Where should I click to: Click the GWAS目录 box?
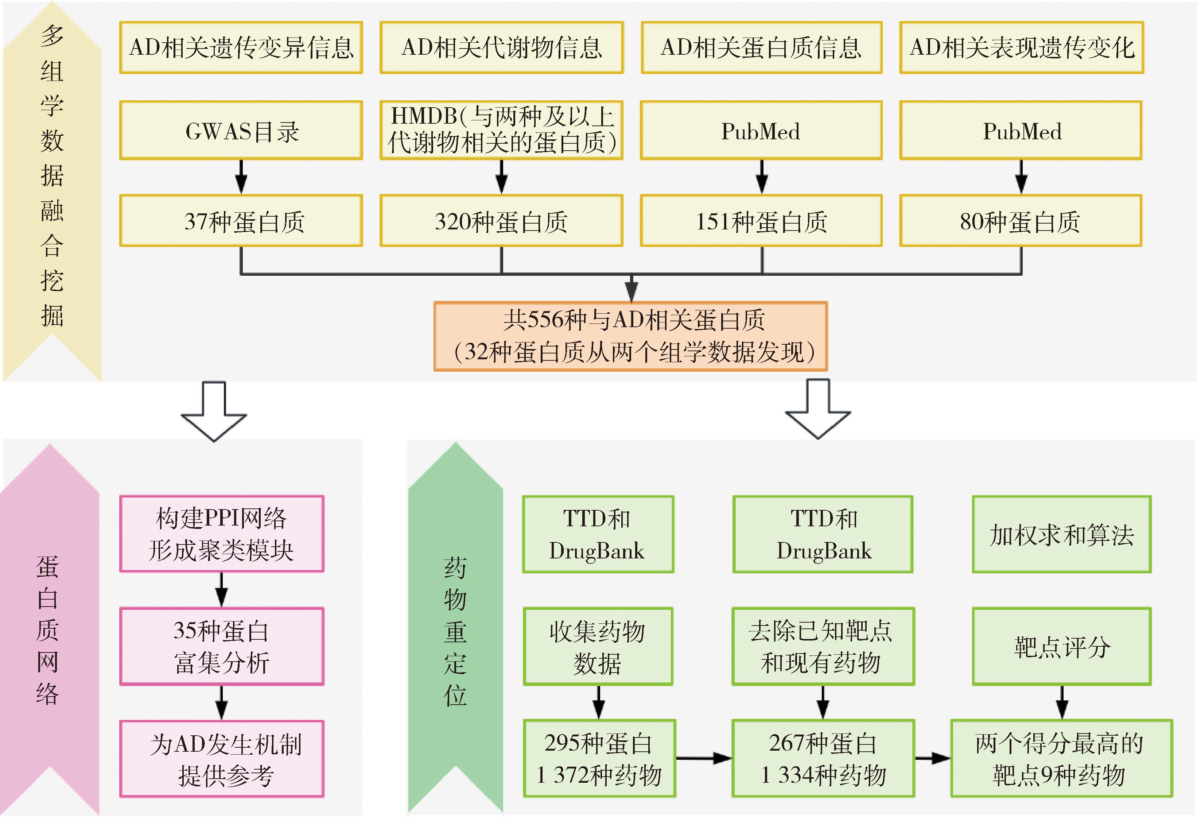pyautogui.click(x=241, y=131)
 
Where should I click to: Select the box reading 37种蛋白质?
pyautogui.click(x=241, y=221)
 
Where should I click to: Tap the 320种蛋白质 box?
pyautogui.click(x=501, y=221)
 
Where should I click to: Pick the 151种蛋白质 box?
pyautogui.click(x=761, y=221)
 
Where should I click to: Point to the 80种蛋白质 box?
pyautogui.click(x=1020, y=221)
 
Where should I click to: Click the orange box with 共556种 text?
pyautogui.click(x=630, y=336)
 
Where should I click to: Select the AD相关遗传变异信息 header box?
pyautogui.click(x=241, y=47)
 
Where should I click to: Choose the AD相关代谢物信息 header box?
pyautogui.click(x=502, y=47)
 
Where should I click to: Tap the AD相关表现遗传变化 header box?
pyautogui.click(x=1021, y=47)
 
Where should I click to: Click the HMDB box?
pyautogui.click(x=501, y=130)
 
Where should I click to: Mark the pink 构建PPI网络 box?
pyautogui.click(x=221, y=534)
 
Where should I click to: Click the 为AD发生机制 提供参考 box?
pyautogui.click(x=221, y=758)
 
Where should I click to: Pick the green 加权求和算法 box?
pyautogui.click(x=1061, y=534)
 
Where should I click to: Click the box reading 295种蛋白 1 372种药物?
pyautogui.click(x=599, y=758)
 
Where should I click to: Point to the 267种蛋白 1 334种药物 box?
pyautogui.click(x=823, y=758)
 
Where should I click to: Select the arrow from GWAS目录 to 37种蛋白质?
pyautogui.click(x=241, y=177)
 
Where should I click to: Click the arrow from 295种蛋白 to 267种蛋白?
pyautogui.click(x=704, y=758)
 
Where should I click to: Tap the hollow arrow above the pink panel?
pyautogui.click(x=214, y=412)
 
